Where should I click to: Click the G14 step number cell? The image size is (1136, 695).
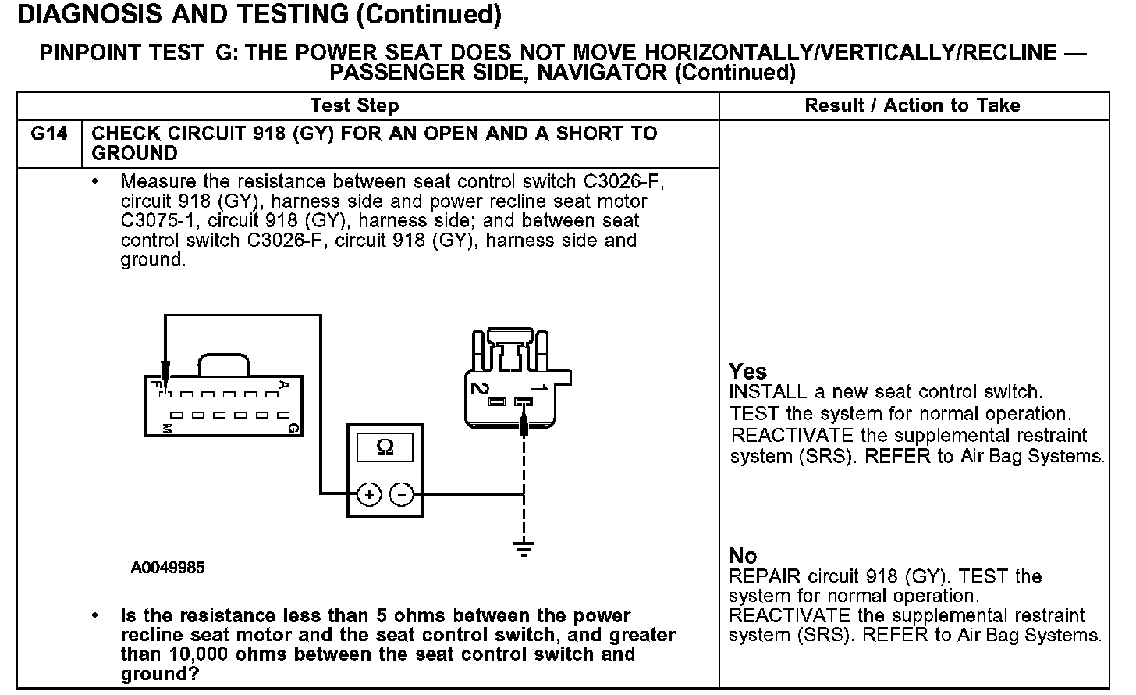coord(49,134)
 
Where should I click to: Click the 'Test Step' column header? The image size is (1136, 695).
coord(354,105)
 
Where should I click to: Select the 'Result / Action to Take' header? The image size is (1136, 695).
coord(912,105)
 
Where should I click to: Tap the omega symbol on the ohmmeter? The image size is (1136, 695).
coord(385,447)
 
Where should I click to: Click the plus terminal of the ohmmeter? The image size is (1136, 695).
coord(368,494)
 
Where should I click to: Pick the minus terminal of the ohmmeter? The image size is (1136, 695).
coord(401,494)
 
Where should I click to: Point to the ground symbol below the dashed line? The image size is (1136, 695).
coord(524,547)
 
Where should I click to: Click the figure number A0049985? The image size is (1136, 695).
coord(168,568)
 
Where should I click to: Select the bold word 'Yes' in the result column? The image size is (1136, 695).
coord(747,372)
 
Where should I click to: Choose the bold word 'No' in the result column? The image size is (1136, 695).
coord(743,556)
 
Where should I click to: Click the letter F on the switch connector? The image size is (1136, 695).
coord(156,385)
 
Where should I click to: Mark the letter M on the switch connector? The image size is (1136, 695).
coord(166,429)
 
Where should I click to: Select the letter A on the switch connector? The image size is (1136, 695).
coord(284,384)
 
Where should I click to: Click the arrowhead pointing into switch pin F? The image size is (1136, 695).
coord(165,370)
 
